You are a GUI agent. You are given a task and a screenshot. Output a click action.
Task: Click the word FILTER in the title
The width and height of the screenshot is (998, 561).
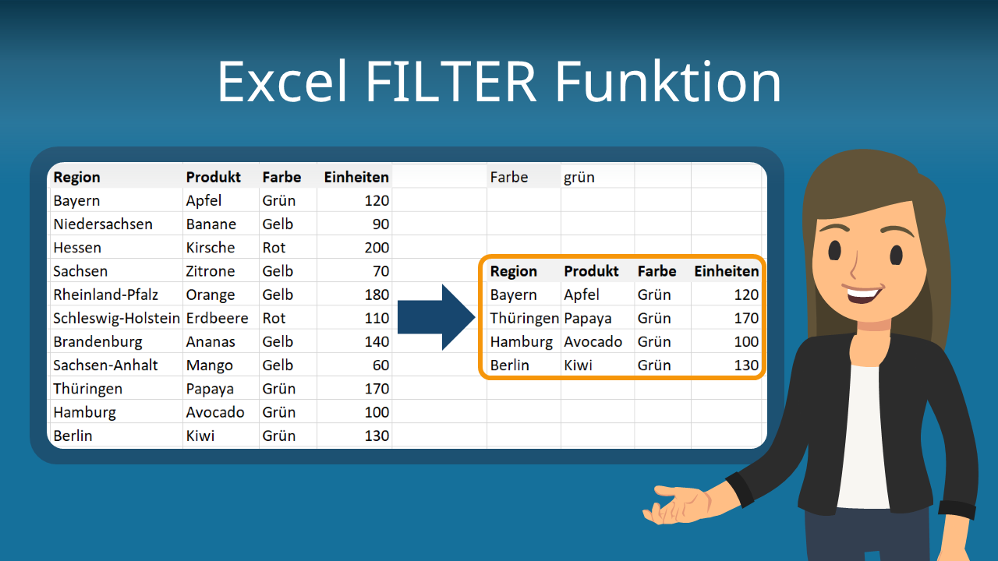(x=451, y=83)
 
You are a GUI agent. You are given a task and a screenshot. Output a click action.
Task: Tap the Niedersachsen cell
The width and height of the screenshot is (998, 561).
(x=103, y=224)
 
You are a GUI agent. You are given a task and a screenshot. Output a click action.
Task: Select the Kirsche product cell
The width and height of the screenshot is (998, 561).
(x=211, y=248)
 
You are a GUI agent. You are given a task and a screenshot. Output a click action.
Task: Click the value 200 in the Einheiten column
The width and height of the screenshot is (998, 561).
(x=377, y=248)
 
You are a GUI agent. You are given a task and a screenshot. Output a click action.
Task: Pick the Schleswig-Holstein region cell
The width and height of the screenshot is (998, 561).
(x=117, y=318)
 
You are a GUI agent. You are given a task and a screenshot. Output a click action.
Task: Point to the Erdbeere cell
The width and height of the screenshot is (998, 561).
(x=217, y=318)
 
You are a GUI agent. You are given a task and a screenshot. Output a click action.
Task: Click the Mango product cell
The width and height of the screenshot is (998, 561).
(x=210, y=365)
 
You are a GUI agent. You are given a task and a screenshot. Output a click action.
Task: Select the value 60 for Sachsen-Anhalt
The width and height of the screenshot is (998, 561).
(x=381, y=365)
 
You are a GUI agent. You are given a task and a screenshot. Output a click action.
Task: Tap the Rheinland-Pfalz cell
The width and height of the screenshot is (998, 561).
(x=105, y=295)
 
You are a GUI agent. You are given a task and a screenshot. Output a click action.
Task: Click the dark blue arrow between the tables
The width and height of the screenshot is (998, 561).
(x=436, y=317)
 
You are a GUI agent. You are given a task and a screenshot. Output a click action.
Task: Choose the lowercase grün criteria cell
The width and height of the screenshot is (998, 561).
(x=579, y=178)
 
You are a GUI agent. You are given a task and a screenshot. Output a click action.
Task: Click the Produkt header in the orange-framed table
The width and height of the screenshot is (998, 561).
(x=591, y=271)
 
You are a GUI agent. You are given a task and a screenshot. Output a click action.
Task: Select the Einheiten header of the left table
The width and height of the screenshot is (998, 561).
(x=356, y=177)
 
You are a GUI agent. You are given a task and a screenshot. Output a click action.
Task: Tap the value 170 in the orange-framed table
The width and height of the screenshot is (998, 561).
(x=746, y=318)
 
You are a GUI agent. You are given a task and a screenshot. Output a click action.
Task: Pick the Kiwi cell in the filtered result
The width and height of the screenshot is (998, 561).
(x=578, y=365)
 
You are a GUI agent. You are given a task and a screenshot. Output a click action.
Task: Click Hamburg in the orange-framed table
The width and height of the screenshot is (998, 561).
(x=522, y=342)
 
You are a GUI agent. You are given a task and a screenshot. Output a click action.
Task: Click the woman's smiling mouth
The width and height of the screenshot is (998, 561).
(x=862, y=294)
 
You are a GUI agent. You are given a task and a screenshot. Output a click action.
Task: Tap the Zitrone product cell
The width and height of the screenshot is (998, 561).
(x=211, y=271)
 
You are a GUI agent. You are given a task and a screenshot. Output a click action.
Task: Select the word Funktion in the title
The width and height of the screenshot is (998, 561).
(x=668, y=83)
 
